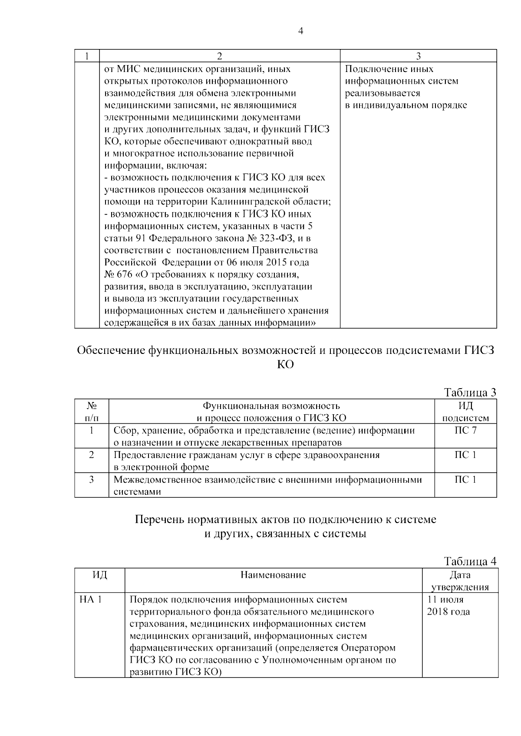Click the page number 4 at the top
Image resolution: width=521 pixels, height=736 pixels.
[x=301, y=31]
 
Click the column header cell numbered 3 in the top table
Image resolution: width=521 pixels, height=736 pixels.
[x=418, y=56]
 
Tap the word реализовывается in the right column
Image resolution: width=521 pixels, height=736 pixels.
[x=383, y=93]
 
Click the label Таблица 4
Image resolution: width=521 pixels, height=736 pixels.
[x=470, y=562]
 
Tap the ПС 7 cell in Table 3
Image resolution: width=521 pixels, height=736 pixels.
[x=465, y=431]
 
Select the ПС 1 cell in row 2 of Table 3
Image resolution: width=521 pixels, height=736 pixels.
[x=465, y=455]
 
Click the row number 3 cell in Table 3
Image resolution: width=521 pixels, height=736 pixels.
[x=91, y=480]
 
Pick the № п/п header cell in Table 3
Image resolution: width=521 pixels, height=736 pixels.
[x=91, y=412]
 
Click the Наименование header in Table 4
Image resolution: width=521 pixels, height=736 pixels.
[x=273, y=575]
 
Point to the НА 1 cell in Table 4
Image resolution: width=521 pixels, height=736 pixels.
[x=91, y=600]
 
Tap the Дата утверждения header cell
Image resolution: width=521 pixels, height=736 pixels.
[x=460, y=581]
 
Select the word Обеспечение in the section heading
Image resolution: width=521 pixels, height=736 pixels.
[x=111, y=351]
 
